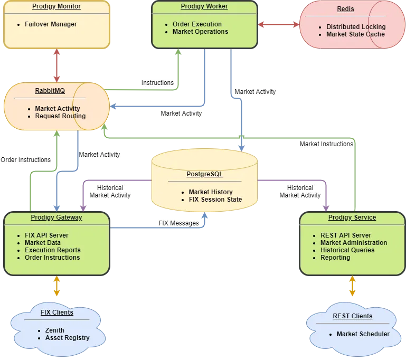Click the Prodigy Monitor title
(56, 6)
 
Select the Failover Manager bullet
(50, 24)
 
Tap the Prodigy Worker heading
(204, 6)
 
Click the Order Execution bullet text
(197, 24)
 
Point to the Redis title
(346, 9)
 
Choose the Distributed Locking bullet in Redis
(356, 27)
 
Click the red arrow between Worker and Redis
(279, 24)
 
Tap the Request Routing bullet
(60, 116)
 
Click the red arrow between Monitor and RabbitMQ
(56, 65)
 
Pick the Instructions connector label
(157, 83)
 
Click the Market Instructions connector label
(326, 144)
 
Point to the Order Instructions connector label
(25, 160)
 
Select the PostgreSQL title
(204, 174)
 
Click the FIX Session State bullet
(215, 200)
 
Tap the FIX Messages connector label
(178, 223)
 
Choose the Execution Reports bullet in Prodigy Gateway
(52, 250)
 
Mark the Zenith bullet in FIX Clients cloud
(54, 330)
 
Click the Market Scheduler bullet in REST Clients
(363, 334)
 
